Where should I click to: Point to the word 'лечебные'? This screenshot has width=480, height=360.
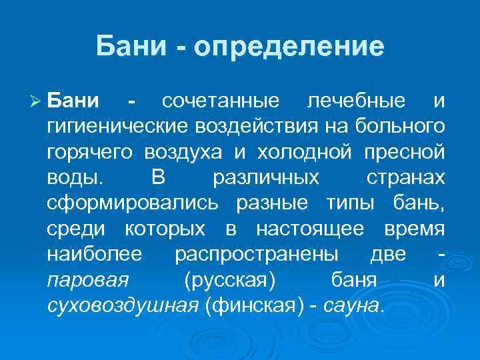[x=355, y=101]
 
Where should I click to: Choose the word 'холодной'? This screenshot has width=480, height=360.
[x=302, y=153]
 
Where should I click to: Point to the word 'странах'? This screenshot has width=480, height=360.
[x=405, y=179]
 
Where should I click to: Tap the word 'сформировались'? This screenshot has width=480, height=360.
[x=131, y=204]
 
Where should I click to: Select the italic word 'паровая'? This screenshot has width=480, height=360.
[x=88, y=281]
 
